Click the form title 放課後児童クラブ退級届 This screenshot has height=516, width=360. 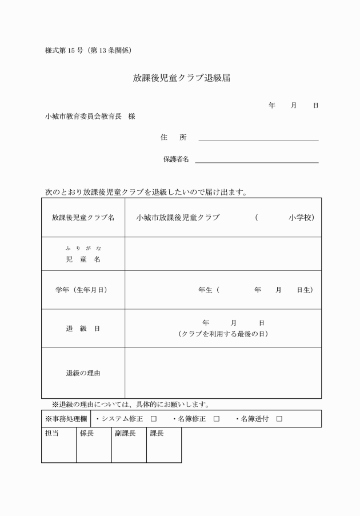182,78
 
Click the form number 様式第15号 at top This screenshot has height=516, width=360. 89,50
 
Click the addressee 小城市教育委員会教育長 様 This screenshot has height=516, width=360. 90,116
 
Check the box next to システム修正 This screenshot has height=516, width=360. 154,419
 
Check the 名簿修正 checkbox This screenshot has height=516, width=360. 217,419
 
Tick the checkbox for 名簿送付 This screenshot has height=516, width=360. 279,419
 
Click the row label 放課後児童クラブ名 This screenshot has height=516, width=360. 83,218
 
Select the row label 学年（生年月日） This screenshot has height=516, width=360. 83,290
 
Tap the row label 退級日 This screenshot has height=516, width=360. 83,329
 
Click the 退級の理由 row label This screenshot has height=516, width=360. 83,373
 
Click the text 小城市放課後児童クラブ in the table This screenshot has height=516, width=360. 178,218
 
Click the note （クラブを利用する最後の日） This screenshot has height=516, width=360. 223,334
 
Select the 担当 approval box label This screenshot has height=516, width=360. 52,434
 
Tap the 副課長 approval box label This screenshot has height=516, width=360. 125,434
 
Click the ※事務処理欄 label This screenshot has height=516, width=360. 66,419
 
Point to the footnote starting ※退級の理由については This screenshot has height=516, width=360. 130,405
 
